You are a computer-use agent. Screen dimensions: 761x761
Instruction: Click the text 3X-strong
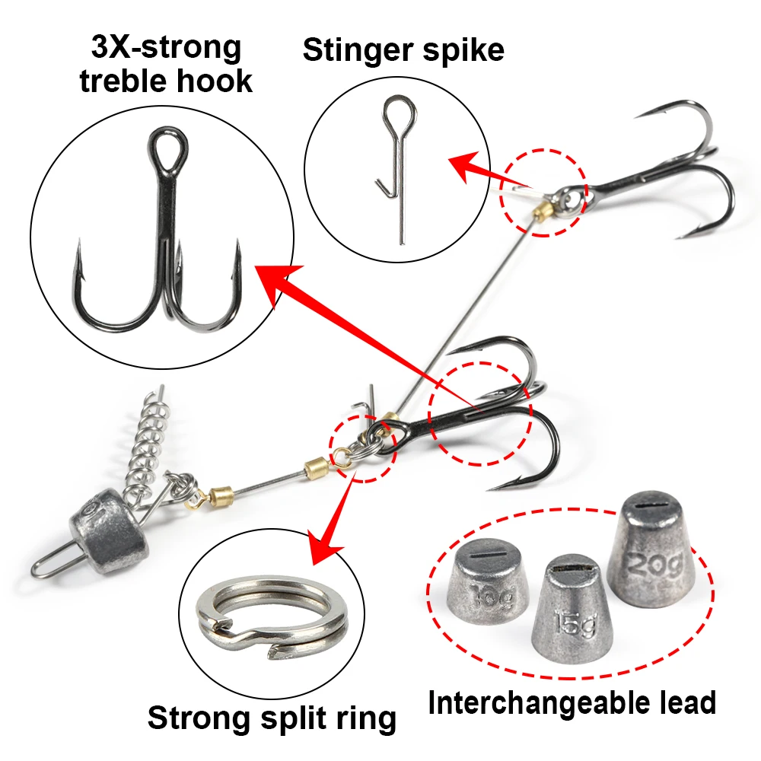click(166, 47)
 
